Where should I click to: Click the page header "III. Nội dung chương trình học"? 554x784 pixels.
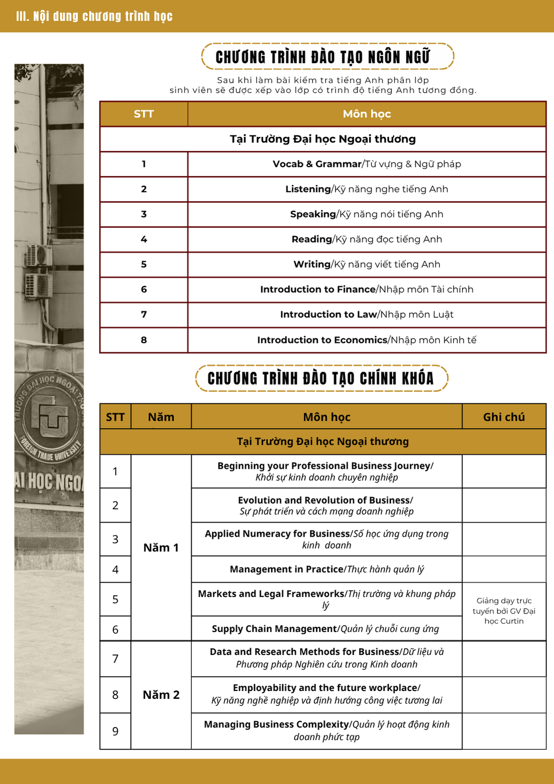point(94,16)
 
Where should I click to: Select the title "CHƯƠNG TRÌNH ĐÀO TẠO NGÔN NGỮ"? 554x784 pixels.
point(322,57)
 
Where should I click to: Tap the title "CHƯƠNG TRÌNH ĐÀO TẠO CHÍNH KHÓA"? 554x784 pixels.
point(320,378)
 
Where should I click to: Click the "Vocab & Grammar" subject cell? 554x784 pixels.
point(366,164)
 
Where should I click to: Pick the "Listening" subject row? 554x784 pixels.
point(366,189)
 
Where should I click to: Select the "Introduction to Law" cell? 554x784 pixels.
point(366,315)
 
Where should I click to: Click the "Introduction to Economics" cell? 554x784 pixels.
point(366,340)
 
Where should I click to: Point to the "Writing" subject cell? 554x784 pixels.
point(366,264)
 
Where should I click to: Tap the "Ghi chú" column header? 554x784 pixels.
point(504,417)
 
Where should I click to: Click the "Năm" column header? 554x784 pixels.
point(161,417)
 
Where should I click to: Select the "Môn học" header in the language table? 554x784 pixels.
point(366,114)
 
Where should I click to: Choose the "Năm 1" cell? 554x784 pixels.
point(161,548)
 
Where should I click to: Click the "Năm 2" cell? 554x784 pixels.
point(161,695)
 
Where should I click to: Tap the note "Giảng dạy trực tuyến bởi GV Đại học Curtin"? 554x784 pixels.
point(504,611)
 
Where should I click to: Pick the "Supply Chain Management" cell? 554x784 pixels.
point(326,629)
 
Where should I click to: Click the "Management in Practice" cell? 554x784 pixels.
point(327,569)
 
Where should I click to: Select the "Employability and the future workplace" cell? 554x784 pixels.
point(327,694)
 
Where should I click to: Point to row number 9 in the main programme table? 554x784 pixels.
point(116,731)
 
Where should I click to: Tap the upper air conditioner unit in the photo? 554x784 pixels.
point(39,255)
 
